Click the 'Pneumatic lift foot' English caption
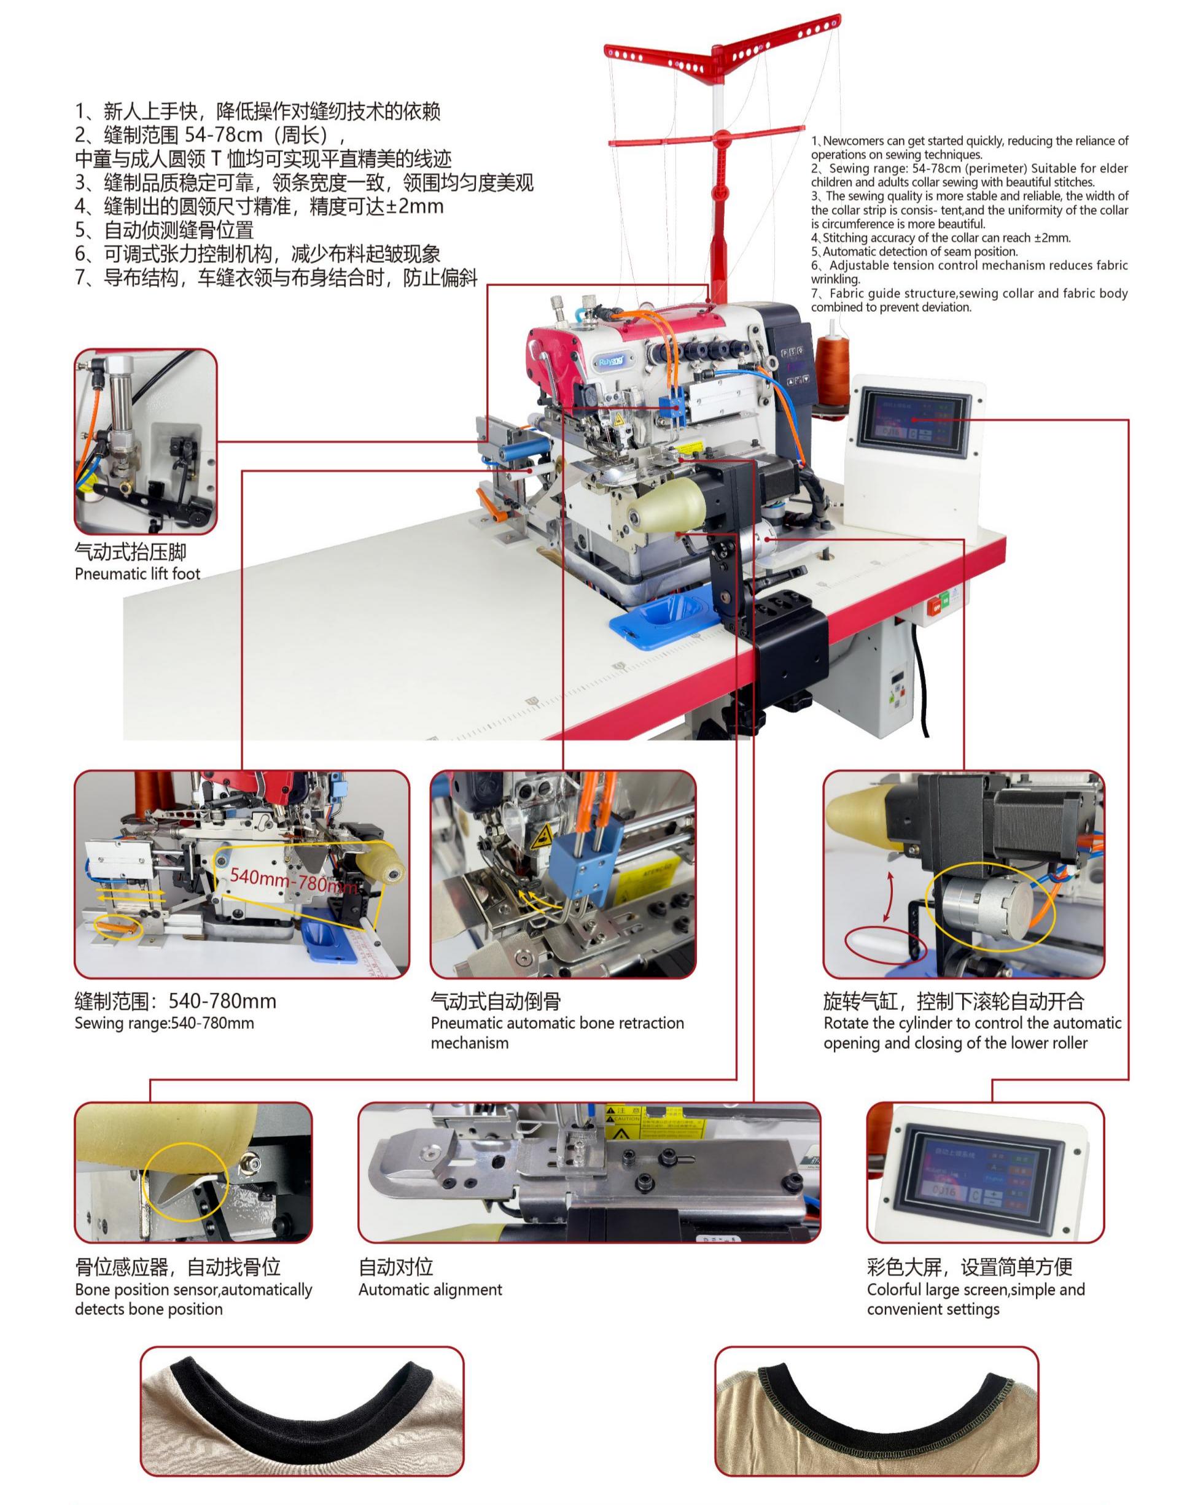(138, 573)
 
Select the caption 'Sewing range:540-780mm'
(165, 1023)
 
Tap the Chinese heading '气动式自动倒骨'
(495, 1000)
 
